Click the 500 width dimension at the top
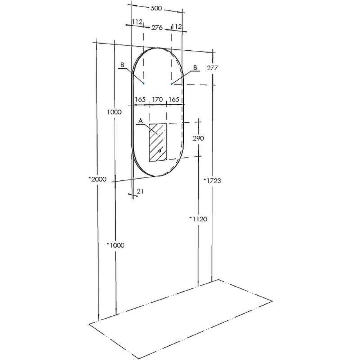coord(156,9)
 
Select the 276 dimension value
coord(157,28)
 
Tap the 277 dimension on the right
coord(212,68)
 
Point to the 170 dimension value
coord(158,99)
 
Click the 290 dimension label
coord(198,138)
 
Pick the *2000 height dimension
coord(98,179)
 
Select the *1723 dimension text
coord(212,181)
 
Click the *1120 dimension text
coord(198,219)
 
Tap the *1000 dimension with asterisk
coord(116,245)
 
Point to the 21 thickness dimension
coord(140,191)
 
